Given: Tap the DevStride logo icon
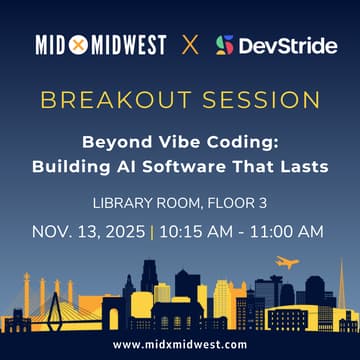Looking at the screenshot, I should (x=225, y=46).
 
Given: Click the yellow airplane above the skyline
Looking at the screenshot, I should (x=287, y=263).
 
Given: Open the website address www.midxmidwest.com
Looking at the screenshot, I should (x=180, y=344).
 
